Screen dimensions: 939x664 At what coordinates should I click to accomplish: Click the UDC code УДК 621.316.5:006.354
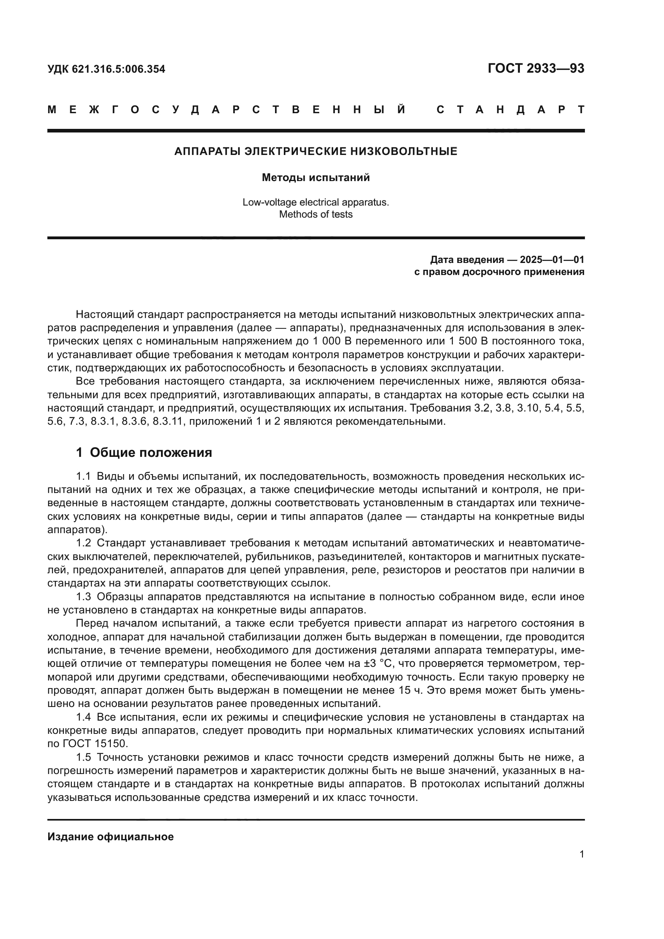(x=106, y=69)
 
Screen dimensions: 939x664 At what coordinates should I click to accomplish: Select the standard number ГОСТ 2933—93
(x=536, y=68)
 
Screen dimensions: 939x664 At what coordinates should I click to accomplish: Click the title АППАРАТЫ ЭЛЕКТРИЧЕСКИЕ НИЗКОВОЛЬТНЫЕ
(x=316, y=151)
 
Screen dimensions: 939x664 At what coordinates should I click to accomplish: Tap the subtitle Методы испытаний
(x=316, y=177)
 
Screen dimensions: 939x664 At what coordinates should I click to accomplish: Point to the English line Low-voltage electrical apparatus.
(x=316, y=202)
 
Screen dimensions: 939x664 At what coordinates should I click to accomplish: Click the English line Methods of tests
(x=316, y=214)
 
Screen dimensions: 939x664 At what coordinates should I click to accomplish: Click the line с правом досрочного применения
(x=499, y=272)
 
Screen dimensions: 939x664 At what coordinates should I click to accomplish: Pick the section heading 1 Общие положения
(x=144, y=453)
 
